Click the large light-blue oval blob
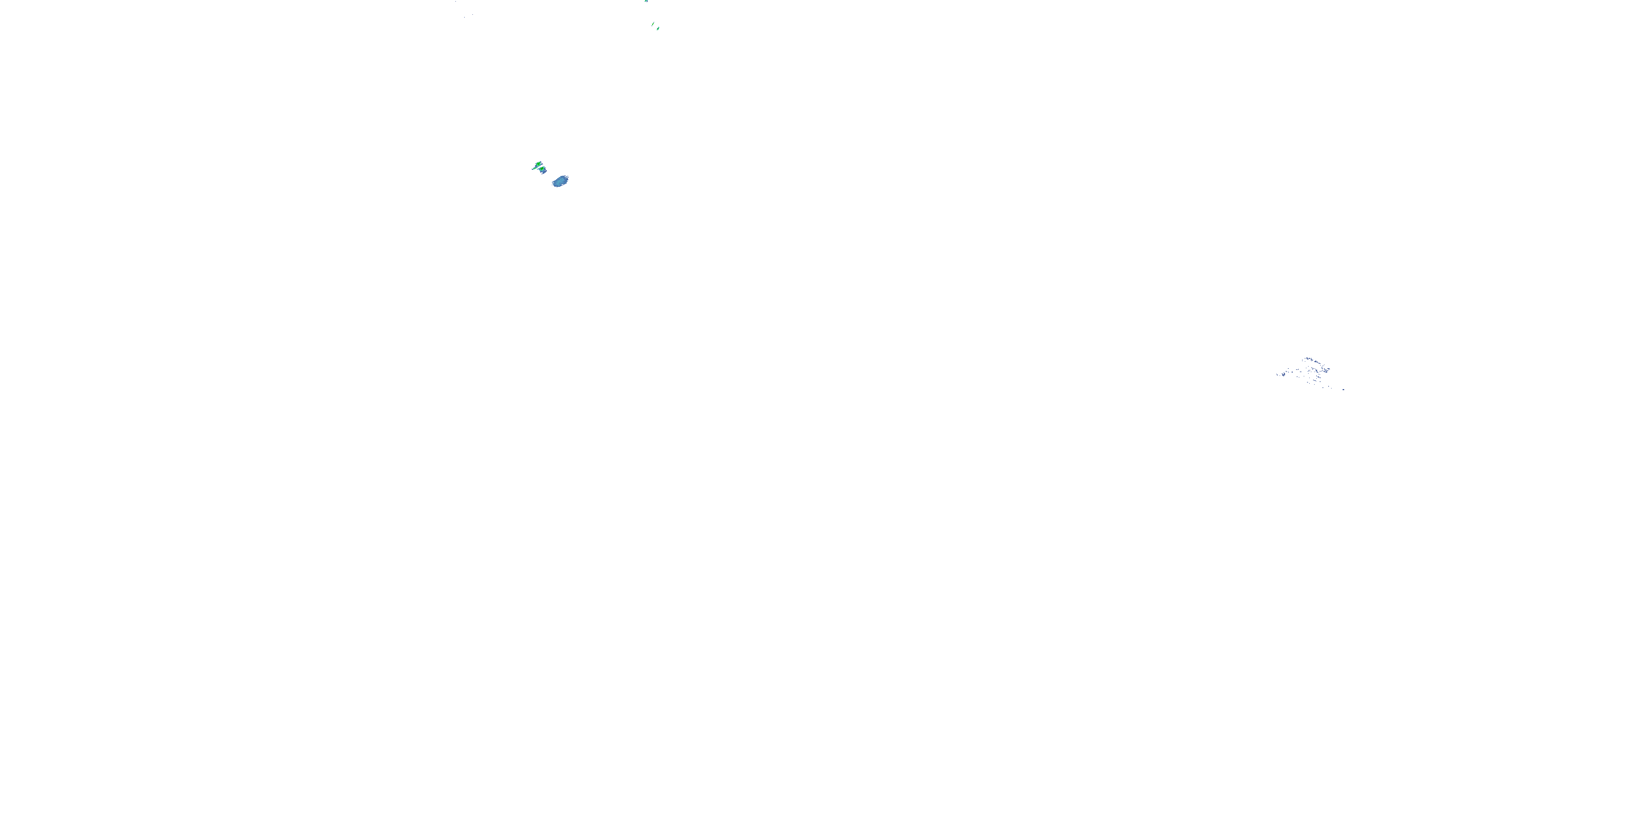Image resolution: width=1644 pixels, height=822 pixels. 561,181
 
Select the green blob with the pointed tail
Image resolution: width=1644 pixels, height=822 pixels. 538,164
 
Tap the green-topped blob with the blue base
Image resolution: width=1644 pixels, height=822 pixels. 543,170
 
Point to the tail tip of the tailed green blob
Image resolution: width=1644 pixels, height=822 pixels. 533,169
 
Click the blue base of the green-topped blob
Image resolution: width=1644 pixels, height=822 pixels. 544,172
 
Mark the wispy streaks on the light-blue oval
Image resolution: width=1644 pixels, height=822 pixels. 567,177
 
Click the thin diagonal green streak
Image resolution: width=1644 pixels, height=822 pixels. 653,24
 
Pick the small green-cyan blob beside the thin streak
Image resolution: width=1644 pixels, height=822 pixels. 658,28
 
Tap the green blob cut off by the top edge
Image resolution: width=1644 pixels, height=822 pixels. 647,1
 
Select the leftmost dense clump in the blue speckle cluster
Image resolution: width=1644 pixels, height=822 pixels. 1284,375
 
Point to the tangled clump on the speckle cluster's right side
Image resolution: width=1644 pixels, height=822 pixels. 1326,372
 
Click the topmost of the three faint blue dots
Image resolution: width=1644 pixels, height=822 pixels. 456,1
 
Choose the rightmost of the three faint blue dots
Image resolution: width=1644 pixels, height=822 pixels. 473,15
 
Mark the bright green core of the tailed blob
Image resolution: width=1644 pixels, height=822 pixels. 538,164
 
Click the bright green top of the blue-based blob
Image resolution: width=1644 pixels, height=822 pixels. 542,168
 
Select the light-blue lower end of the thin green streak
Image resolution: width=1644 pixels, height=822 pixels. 652,26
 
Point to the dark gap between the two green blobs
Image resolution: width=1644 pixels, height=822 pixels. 540,167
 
